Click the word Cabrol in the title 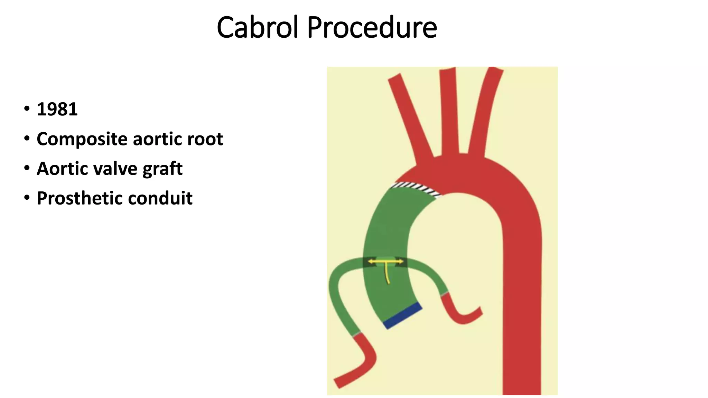257,28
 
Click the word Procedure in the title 372,28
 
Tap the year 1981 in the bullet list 57,109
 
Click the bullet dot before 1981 27,109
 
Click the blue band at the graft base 403,315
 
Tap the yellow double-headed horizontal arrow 385,262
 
